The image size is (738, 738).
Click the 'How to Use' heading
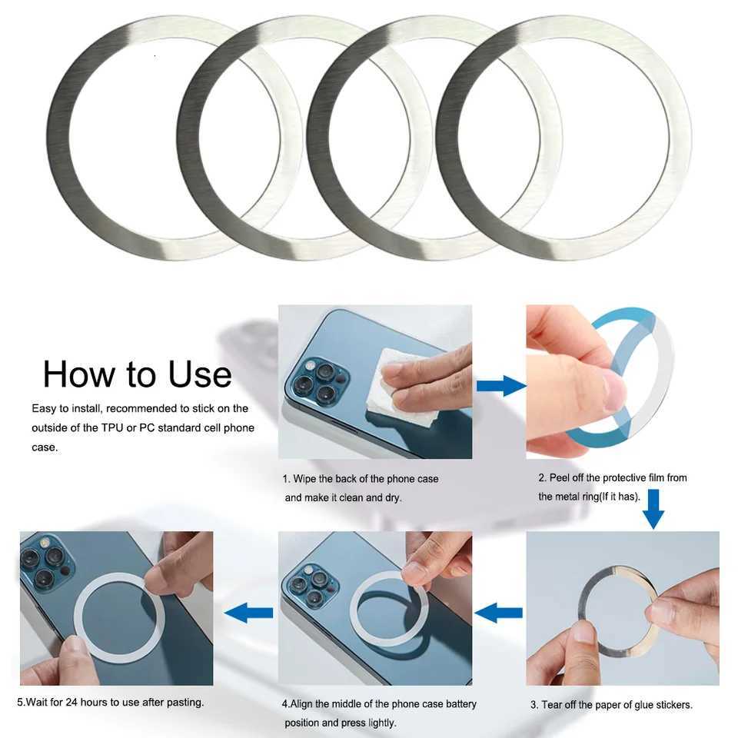137,374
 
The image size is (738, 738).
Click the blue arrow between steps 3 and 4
499,613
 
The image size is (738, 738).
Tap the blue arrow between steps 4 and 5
248,613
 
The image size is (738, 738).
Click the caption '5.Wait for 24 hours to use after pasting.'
111,702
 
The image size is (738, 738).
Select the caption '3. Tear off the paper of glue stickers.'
611,705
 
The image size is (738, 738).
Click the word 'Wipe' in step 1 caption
306,479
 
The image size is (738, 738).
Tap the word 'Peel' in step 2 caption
562,478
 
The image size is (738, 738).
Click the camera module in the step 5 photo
46,565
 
